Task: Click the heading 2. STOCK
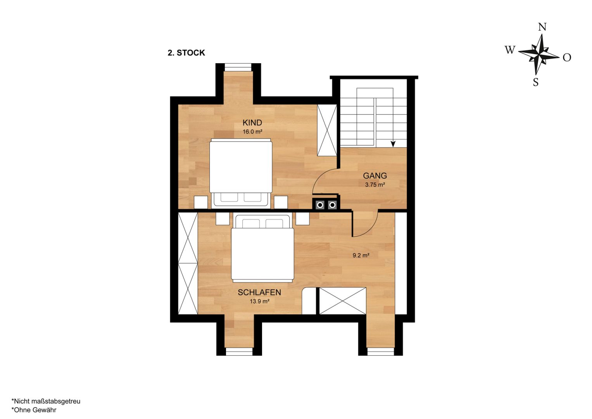pyautogui.click(x=186, y=53)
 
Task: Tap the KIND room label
pyautogui.click(x=252, y=123)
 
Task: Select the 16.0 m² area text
pyautogui.click(x=252, y=132)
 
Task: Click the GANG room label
pyautogui.click(x=375, y=176)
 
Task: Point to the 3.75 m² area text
pyautogui.click(x=375, y=185)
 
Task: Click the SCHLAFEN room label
pyautogui.click(x=259, y=292)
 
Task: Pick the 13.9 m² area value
pyautogui.click(x=259, y=301)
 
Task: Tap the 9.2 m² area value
pyautogui.click(x=361, y=255)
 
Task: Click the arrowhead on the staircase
pyautogui.click(x=393, y=144)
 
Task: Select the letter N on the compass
pyautogui.click(x=542, y=27)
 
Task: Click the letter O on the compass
pyautogui.click(x=567, y=57)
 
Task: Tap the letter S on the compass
pyautogui.click(x=536, y=83)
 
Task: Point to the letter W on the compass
pyautogui.click(x=510, y=50)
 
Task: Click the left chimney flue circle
pyautogui.click(x=320, y=205)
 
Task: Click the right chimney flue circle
pyautogui.click(x=332, y=205)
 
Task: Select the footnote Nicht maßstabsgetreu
pyautogui.click(x=46, y=401)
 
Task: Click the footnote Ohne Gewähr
pyautogui.click(x=34, y=410)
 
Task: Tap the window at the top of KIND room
pyautogui.click(x=238, y=68)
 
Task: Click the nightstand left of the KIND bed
pyautogui.click(x=201, y=203)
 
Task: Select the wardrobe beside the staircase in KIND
pyautogui.click(x=327, y=130)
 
